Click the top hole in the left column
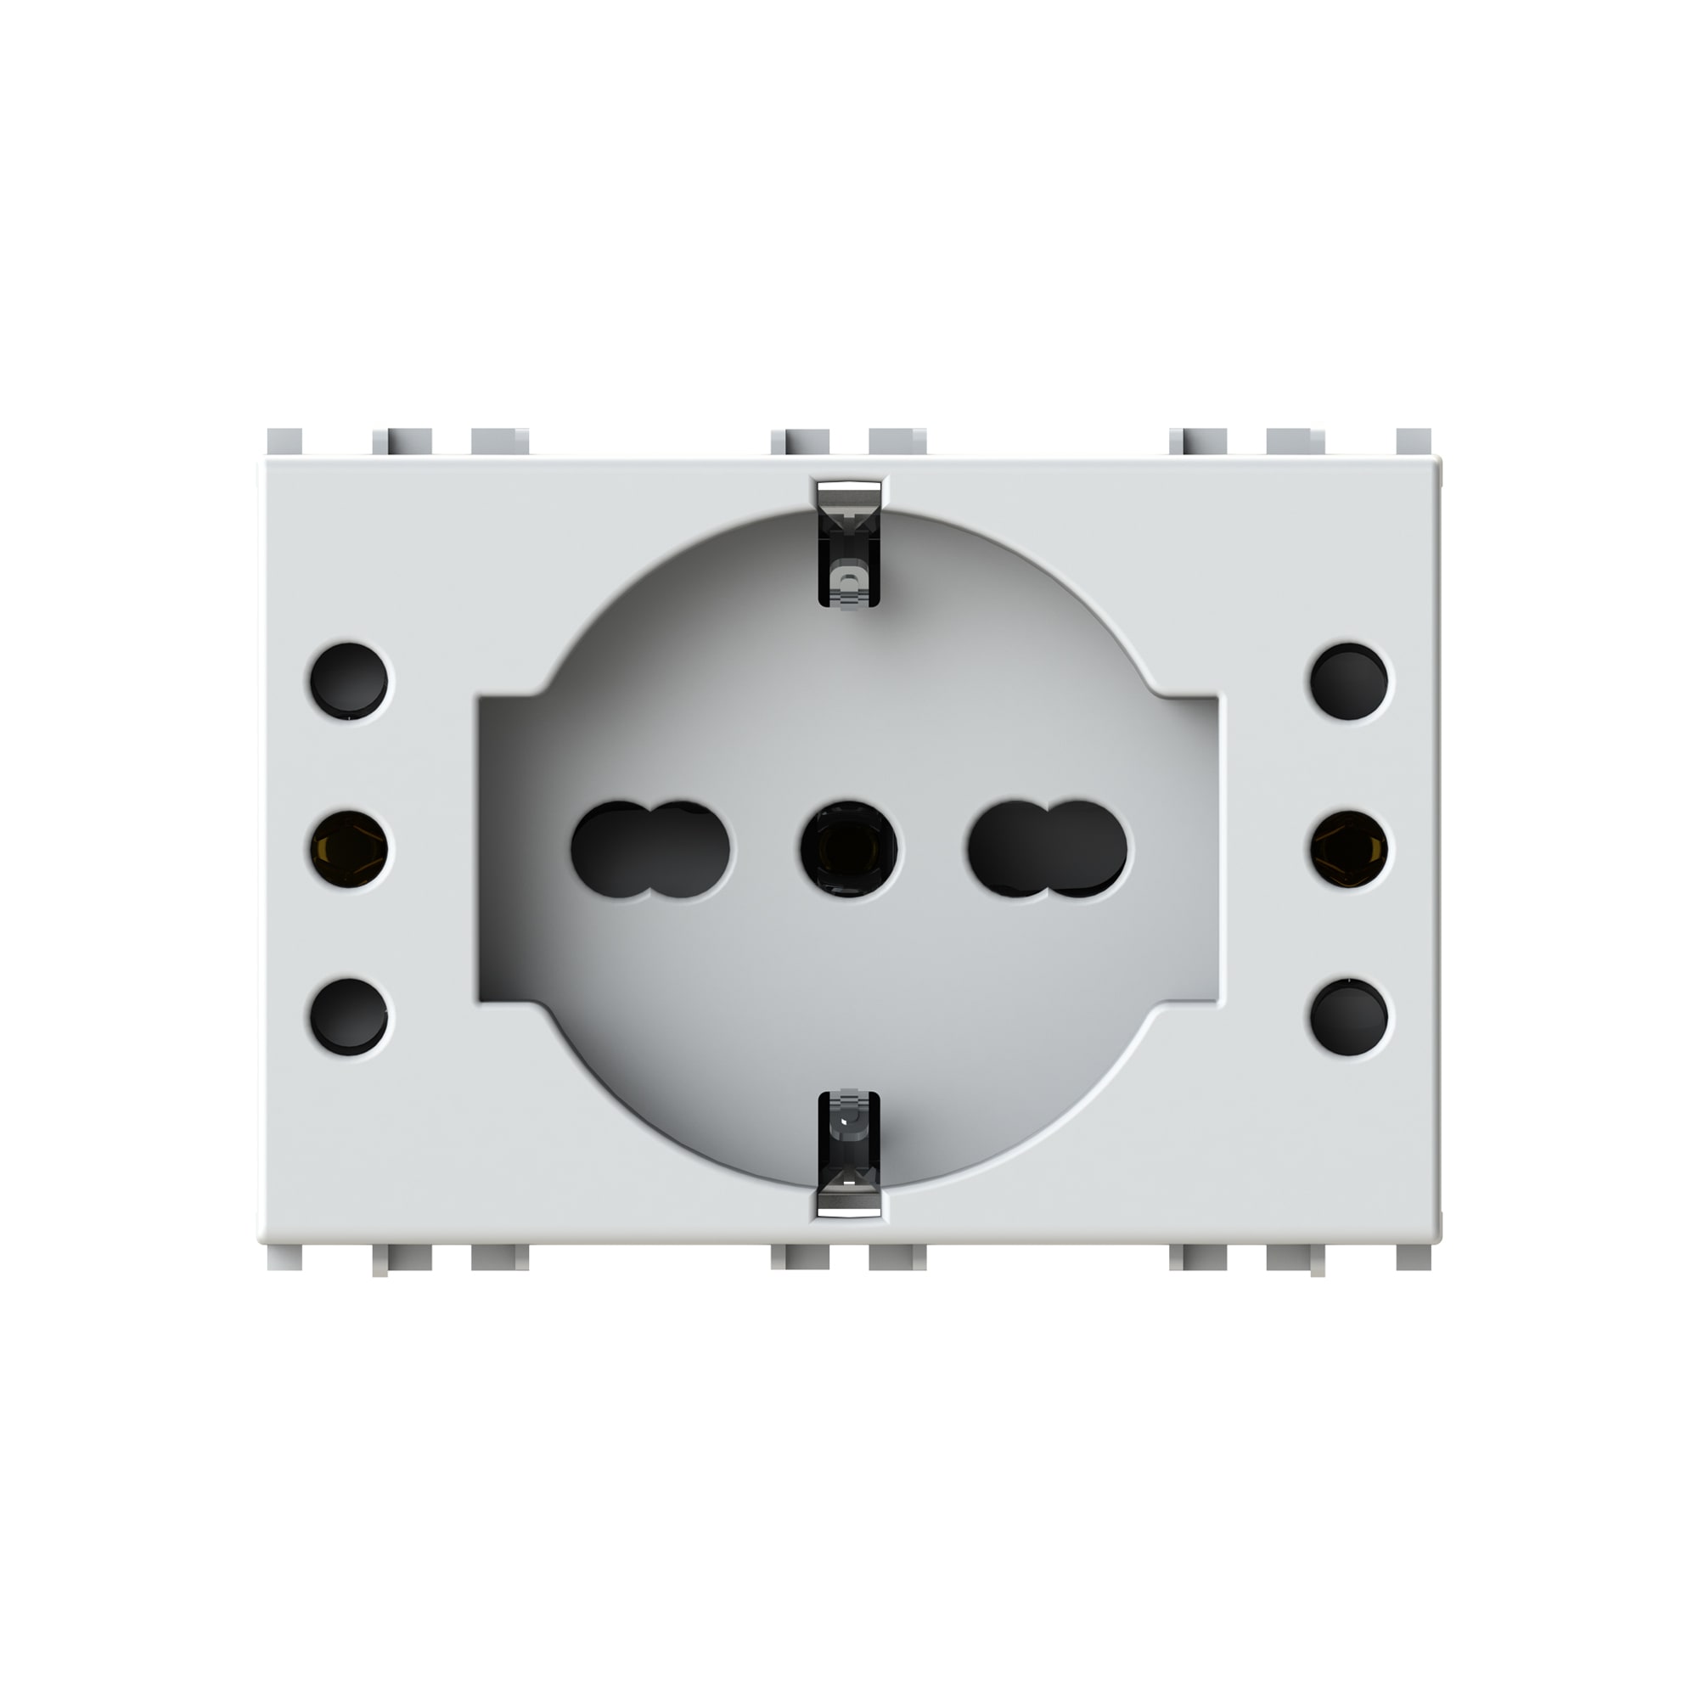(x=350, y=680)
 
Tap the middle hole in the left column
(x=350, y=849)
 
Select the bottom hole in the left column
(x=350, y=1017)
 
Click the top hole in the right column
(x=1349, y=680)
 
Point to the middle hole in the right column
(x=1349, y=849)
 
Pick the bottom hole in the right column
(x=1349, y=1017)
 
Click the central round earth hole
(x=849, y=849)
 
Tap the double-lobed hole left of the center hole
(x=650, y=849)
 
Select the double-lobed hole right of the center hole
(x=1048, y=849)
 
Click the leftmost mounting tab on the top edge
(x=284, y=442)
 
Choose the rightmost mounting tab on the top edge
(x=1414, y=442)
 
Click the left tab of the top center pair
(x=800, y=442)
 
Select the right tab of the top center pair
(x=897, y=442)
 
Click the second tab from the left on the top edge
(x=402, y=442)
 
